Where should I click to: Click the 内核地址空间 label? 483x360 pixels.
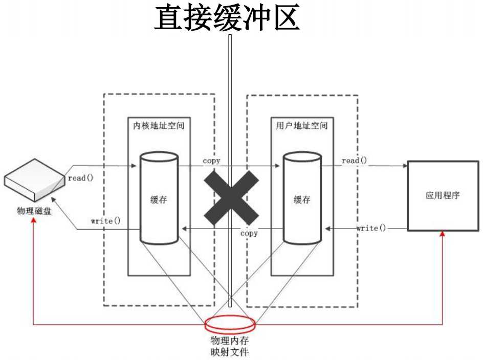pos(159,125)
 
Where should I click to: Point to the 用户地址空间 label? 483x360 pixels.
pos(302,125)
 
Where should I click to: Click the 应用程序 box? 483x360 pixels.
pos(443,195)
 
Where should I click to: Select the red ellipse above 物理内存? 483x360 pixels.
pos(230,323)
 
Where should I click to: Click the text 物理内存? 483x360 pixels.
pos(230,341)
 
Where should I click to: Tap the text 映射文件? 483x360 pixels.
pos(230,352)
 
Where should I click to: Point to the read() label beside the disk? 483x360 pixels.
pos(80,179)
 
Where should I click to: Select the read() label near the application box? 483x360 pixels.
pos(354,161)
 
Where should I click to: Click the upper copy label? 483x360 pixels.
pos(211,161)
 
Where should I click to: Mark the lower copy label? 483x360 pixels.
pos(249,233)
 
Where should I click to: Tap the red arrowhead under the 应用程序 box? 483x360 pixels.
pos(443,234)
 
